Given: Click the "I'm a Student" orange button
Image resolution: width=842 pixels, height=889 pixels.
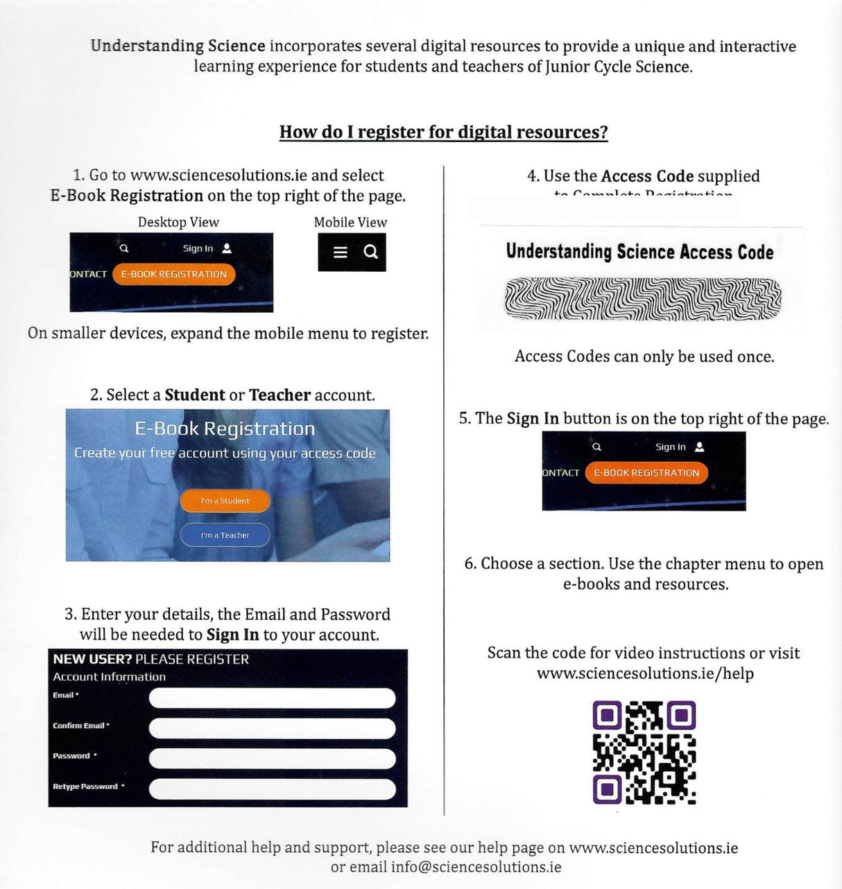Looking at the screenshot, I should click(225, 501).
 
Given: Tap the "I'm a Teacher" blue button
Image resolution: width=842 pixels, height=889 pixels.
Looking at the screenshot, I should click(225, 535).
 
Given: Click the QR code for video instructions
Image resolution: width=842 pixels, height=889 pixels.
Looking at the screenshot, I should click(644, 752).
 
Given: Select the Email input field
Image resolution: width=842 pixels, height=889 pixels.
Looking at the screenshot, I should click(272, 698).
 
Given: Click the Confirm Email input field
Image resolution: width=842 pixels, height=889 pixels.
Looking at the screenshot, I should click(272, 728).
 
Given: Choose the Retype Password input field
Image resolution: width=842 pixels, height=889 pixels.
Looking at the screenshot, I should click(272, 789).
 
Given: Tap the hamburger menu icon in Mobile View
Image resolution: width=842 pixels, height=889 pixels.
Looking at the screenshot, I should click(340, 252).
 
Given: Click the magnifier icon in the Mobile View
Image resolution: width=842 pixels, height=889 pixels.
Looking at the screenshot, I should click(371, 252).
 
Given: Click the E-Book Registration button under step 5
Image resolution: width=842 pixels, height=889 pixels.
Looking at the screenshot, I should click(646, 473).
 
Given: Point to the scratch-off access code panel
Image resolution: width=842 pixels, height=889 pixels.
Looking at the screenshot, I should click(642, 299).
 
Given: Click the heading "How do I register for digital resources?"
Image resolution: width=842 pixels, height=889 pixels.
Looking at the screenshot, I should click(443, 132).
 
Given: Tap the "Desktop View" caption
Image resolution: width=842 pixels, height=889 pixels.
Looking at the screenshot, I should click(178, 222).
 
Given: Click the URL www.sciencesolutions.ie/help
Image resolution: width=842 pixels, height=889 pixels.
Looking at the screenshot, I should click(645, 673).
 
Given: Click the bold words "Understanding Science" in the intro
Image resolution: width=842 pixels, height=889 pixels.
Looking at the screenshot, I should click(178, 46).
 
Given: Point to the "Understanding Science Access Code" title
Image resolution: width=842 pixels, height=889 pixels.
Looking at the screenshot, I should click(639, 252).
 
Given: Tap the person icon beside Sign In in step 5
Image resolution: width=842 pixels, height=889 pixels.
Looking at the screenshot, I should click(699, 447).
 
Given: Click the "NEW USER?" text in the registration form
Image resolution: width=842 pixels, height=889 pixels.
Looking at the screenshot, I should click(92, 659).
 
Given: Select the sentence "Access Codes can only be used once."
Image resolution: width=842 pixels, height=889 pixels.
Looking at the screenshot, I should click(644, 356).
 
